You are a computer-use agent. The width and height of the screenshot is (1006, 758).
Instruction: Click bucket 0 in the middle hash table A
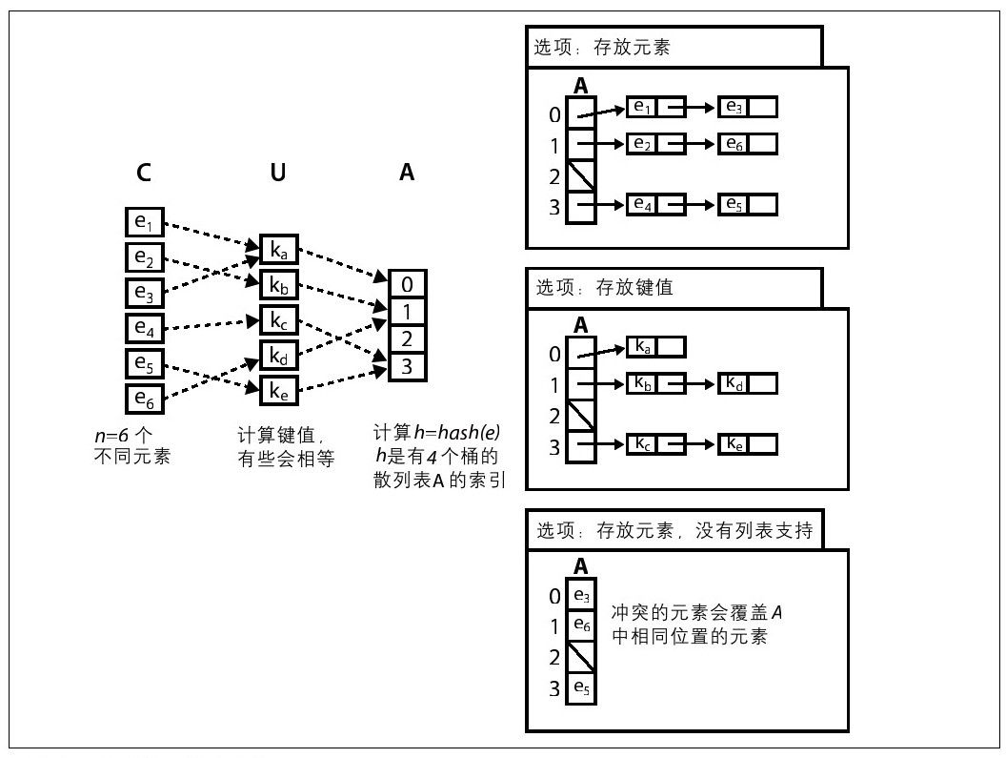(x=407, y=284)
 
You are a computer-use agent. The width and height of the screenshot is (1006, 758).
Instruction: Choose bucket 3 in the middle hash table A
(x=407, y=365)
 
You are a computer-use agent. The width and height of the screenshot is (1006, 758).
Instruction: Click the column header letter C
(x=143, y=173)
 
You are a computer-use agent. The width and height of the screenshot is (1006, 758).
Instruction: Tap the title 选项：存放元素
(x=602, y=47)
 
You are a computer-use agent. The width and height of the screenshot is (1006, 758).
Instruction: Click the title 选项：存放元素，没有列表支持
(x=674, y=530)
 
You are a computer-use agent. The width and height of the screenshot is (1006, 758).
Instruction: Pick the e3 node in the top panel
(x=748, y=106)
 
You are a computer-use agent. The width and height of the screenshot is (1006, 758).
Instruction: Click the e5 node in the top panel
(x=748, y=204)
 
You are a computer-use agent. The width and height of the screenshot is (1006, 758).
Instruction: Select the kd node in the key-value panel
(x=748, y=383)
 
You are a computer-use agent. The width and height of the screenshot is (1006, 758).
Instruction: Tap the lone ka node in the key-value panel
(x=655, y=346)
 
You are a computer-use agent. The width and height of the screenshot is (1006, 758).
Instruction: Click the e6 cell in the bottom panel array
(x=581, y=625)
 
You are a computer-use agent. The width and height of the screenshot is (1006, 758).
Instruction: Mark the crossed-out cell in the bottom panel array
(x=581, y=656)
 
